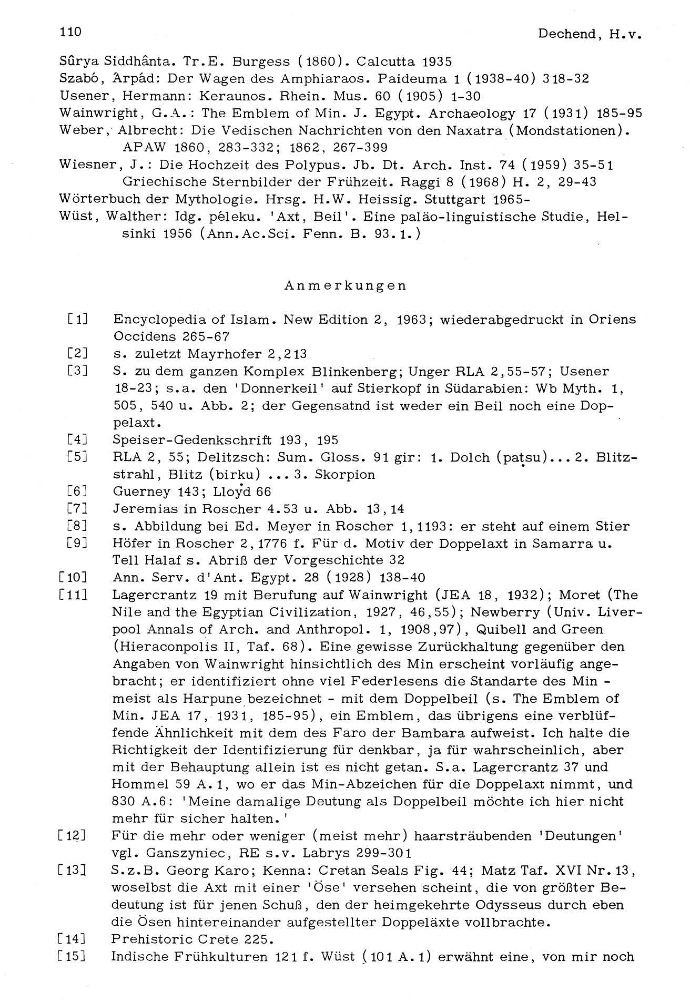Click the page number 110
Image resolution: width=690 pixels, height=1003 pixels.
(70, 32)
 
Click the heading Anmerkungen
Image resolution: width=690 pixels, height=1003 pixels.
(345, 285)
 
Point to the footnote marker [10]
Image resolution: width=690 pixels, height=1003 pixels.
(74, 578)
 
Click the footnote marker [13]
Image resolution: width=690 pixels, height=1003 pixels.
(73, 870)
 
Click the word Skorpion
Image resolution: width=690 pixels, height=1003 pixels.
(344, 475)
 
